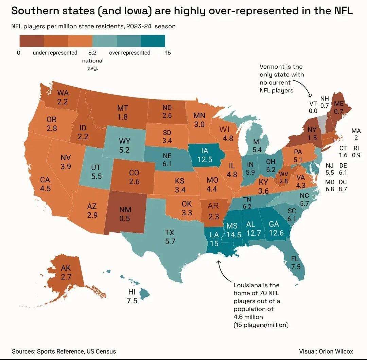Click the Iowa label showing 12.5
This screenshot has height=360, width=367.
[205, 155]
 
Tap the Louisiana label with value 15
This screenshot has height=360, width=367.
[214, 239]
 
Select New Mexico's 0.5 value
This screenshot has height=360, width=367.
[125, 214]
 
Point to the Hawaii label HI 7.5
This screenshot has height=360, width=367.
[132, 296]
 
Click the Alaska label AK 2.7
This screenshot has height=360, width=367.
[66, 272]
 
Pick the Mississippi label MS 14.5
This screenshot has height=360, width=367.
[232, 230]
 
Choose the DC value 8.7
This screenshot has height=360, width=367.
[343, 189]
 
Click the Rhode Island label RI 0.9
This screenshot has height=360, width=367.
[356, 151]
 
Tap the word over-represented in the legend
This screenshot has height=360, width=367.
[129, 53]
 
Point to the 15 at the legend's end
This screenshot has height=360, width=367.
[168, 53]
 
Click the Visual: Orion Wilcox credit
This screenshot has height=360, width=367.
[326, 351]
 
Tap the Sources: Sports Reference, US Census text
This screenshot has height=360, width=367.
[64, 351]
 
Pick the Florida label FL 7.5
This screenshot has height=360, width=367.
[296, 263]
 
